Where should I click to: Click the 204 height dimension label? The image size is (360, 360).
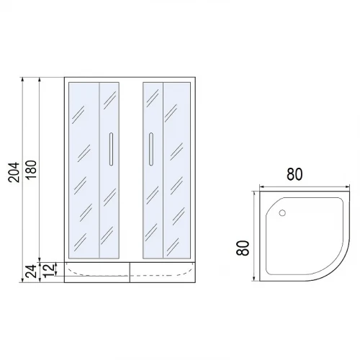pos(14,172)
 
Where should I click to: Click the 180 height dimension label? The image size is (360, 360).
pos(31,170)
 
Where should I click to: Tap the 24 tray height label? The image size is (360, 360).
pos(31,271)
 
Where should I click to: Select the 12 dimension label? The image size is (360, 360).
pos(48,271)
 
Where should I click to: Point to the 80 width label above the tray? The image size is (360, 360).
pos(294,174)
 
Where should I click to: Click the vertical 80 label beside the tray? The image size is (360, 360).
pos(243,248)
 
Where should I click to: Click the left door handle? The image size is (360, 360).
pos(111,149)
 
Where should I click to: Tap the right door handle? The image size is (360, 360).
pos(151,149)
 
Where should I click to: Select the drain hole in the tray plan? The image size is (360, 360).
pos(282,212)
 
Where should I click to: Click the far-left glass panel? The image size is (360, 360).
pos(84,171)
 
